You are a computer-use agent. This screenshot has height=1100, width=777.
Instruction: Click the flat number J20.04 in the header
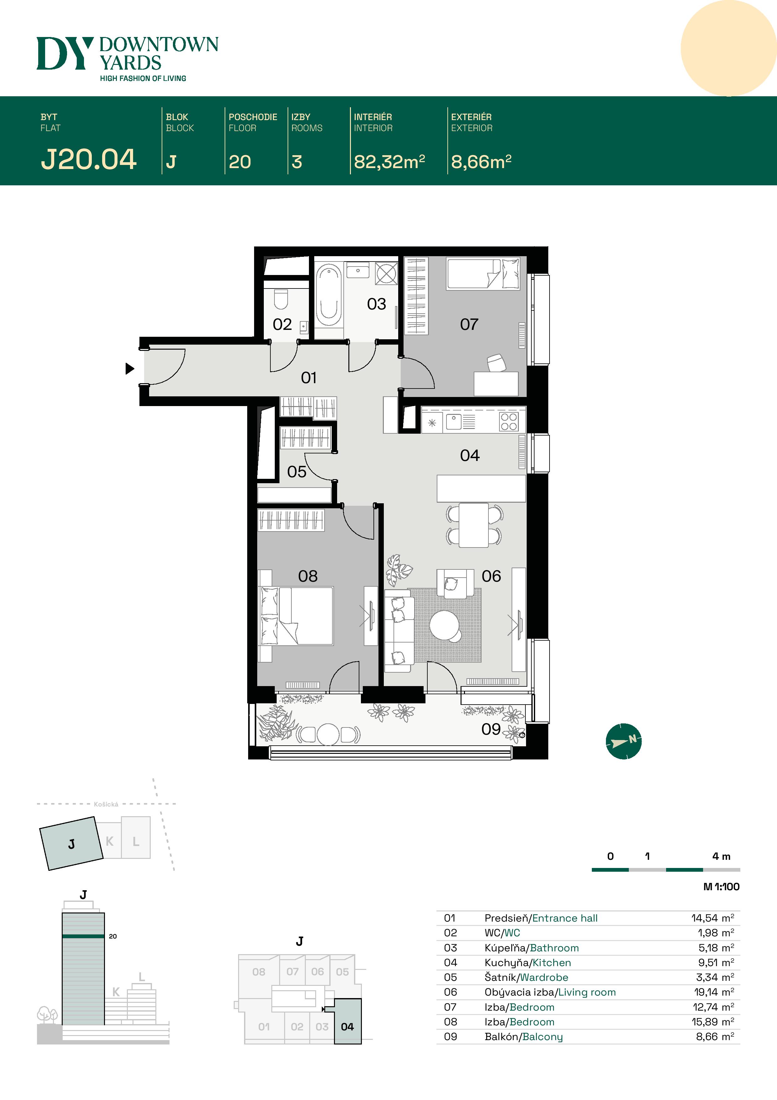click(x=89, y=160)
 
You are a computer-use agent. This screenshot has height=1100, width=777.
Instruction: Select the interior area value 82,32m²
click(x=389, y=162)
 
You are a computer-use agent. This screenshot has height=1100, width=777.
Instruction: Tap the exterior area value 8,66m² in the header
click(x=481, y=162)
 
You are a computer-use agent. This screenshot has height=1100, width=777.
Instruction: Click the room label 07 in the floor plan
click(x=469, y=324)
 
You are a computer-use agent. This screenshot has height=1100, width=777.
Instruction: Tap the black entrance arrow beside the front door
click(x=129, y=368)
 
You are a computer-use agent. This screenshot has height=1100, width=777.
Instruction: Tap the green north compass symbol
click(x=623, y=741)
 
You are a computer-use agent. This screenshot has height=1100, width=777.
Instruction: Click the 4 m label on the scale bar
click(x=721, y=856)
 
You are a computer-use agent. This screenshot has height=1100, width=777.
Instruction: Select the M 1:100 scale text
click(x=721, y=887)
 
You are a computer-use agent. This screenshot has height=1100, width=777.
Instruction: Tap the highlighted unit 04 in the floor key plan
click(x=347, y=1027)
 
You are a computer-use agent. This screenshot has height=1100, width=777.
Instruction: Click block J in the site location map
click(x=71, y=843)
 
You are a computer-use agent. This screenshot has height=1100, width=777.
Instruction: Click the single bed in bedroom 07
click(x=482, y=274)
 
